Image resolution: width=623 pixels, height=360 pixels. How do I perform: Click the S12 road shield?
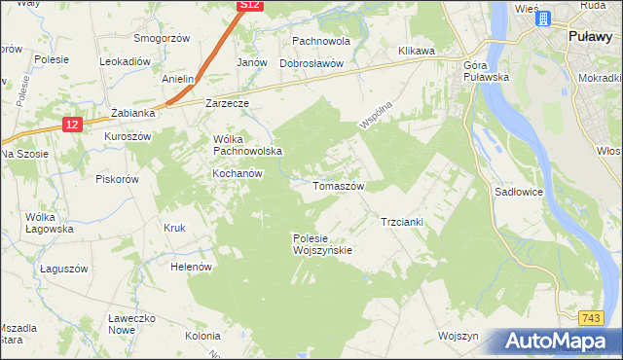(250, 5)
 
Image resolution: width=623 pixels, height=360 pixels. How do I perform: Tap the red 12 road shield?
(72, 125)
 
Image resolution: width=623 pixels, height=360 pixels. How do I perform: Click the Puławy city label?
(589, 36)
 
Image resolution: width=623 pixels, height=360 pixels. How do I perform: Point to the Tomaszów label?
(337, 185)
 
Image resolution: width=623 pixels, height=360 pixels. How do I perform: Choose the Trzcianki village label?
(401, 222)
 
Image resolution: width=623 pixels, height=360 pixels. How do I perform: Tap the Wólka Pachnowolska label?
(247, 145)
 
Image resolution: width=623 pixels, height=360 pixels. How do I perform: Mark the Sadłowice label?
(518, 193)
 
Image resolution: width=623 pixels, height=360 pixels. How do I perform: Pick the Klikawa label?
(416, 50)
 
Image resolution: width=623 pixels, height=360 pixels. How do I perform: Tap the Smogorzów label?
(161, 38)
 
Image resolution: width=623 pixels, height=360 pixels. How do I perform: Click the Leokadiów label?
(125, 60)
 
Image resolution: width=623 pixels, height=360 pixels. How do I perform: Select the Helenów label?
(191, 266)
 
